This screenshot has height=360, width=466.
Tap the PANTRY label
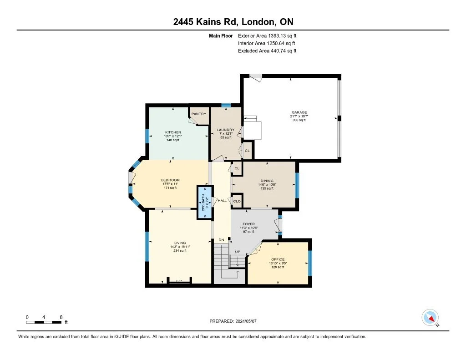(x=199, y=114)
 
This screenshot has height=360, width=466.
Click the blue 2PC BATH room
(x=205, y=203)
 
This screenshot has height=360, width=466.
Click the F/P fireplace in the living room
(x=179, y=281)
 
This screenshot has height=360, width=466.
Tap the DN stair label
(x=222, y=240)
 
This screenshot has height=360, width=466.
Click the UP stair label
(x=238, y=252)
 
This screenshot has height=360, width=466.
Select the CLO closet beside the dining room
(x=237, y=201)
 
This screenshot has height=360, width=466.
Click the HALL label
(x=222, y=201)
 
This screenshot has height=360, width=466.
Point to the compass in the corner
(x=430, y=318)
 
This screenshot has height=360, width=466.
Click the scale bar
(x=44, y=322)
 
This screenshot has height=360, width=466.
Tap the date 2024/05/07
(x=246, y=321)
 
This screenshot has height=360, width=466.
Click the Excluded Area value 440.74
(x=279, y=51)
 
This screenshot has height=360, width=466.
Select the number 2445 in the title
(x=183, y=22)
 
